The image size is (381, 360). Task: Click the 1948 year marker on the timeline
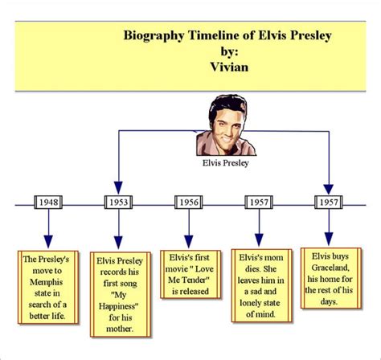tap(48, 203)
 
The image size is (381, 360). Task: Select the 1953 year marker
tap(118, 203)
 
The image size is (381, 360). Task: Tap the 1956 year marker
tap(188, 203)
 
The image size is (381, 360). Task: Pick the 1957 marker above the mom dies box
tap(258, 203)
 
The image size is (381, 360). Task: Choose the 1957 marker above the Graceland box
tap(328, 203)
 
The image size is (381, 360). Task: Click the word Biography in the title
tap(154, 35)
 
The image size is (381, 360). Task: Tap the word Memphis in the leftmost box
tap(48, 282)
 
